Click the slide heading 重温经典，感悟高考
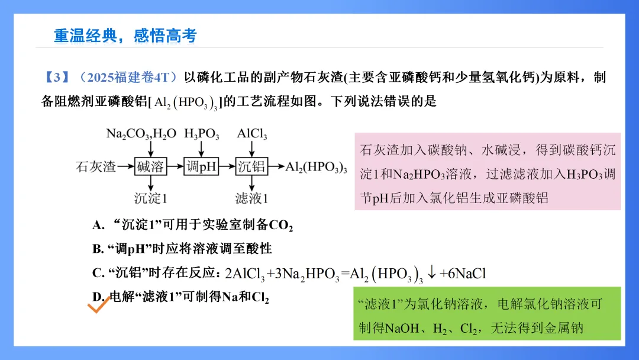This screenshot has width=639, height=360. click(125, 36)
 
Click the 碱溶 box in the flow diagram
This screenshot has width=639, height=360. click(150, 166)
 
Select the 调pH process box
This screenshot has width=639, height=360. click(201, 166)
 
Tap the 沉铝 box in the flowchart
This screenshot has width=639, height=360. click(252, 166)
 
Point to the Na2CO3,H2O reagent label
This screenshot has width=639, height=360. click(141, 134)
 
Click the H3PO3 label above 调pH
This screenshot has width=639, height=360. click(202, 134)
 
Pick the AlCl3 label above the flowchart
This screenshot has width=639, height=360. click(252, 134)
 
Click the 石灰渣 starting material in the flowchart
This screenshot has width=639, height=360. click(96, 166)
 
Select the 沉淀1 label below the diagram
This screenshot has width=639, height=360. click(151, 198)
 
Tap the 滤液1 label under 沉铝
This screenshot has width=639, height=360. click(252, 198)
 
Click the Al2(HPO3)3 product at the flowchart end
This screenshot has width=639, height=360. click(316, 167)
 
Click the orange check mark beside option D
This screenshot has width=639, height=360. click(99, 306)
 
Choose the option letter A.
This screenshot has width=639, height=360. click(98, 225)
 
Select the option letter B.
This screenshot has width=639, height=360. click(98, 249)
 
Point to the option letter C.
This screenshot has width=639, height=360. click(98, 273)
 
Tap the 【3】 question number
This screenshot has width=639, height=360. click(57, 78)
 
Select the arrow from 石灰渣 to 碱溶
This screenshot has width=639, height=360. click(125, 166)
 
